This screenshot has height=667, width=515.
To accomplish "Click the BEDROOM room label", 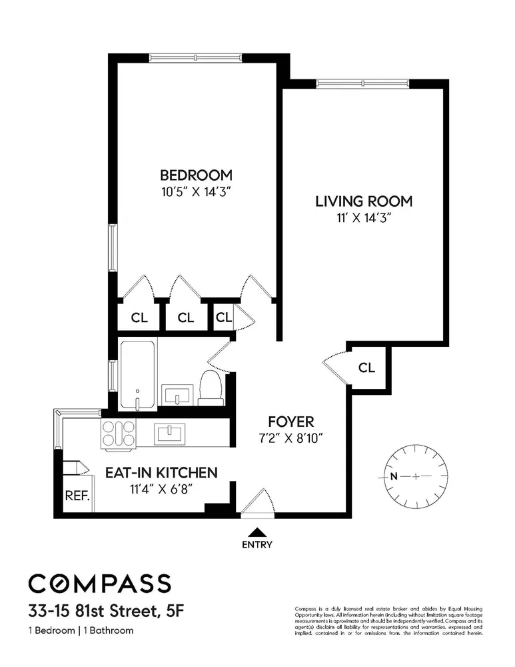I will (196, 175).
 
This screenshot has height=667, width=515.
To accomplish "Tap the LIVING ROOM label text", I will (364, 201).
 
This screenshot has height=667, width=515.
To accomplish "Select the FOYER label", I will (290, 422).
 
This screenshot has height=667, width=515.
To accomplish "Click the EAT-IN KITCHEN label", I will (161, 473).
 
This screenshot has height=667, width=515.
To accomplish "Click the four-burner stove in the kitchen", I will (118, 434).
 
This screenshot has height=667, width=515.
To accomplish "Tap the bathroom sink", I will (178, 396).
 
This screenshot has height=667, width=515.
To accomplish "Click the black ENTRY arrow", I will (257, 532).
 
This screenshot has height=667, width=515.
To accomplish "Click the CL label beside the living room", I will (366, 368).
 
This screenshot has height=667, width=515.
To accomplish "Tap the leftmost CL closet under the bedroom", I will (139, 317).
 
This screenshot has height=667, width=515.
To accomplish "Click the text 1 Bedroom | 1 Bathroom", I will (81, 630).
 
